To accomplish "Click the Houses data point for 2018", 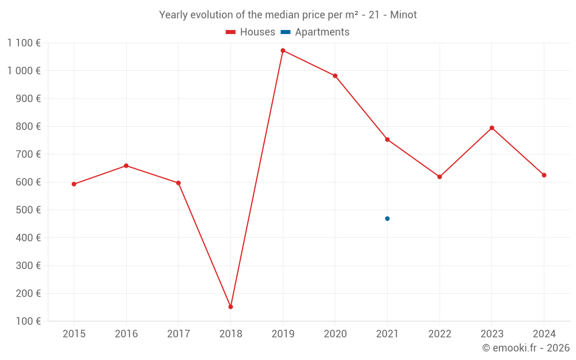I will pos(230,306).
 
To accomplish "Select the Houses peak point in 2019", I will pos(283,51).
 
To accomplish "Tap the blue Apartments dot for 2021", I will pos(387,218).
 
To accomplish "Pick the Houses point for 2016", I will pos(126,166).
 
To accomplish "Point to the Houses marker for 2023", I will pos(492,128).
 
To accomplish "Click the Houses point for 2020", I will pos(335,76).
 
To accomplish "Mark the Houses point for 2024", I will pos(544,175).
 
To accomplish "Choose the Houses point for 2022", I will pos(439,177).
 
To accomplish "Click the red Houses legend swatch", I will pos(230,32).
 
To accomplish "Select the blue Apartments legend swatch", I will pos(286,32).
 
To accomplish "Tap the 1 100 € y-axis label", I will pos(24,43).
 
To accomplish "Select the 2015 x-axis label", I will pos(74,334).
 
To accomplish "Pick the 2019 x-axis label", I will pos(283,334).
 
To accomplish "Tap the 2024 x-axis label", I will pos(544,334).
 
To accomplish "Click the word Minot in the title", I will pos(403,15).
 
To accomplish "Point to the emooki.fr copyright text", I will pos(526,348).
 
